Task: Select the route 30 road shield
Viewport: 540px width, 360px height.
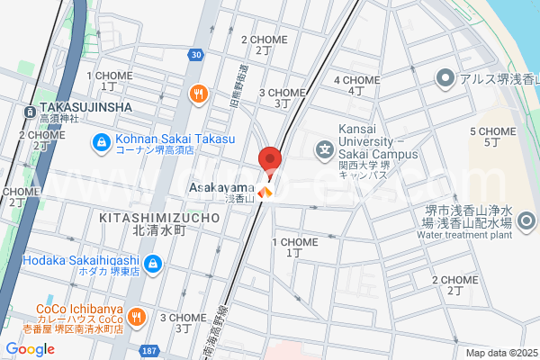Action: pos(196,55)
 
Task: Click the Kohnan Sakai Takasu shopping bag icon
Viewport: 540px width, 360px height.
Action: pos(102,141)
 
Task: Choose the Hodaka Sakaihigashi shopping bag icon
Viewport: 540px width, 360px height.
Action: pos(154,264)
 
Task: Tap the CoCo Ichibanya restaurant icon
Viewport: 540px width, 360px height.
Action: pos(136,316)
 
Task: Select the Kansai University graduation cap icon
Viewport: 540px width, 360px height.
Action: pos(322,148)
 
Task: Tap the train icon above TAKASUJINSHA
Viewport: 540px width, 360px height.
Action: pos(30,112)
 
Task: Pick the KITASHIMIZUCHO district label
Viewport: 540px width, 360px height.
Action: pos(158,218)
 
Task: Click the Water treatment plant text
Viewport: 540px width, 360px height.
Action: pos(463,235)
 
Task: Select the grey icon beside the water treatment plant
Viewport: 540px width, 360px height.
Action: pos(526,220)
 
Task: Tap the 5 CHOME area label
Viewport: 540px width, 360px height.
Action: pos(492,131)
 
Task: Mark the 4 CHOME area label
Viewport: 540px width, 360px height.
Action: pos(356,80)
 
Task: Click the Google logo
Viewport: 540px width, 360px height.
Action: pos(30,348)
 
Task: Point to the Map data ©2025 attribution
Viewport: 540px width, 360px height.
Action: pos(499,353)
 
